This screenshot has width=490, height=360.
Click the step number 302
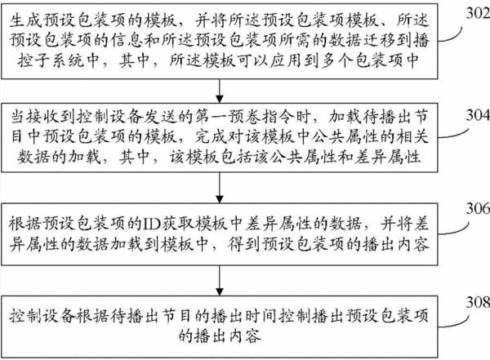click(x=478, y=13)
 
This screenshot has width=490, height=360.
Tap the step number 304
click(x=478, y=116)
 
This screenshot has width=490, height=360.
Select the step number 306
click(x=478, y=208)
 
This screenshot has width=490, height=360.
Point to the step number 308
click(x=478, y=302)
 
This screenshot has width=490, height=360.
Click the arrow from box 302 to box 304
click(x=220, y=91)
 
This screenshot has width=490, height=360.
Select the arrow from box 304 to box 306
click(x=220, y=188)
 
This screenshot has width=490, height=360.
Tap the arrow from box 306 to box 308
click(x=220, y=280)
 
